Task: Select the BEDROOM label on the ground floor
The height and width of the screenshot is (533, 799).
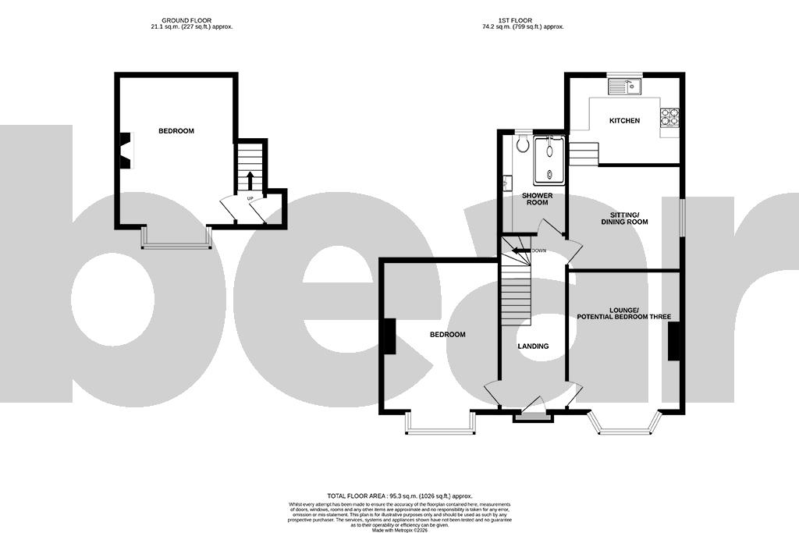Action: (176, 131)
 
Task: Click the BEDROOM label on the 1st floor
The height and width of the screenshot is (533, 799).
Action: (447, 335)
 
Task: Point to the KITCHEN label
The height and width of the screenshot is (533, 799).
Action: (624, 121)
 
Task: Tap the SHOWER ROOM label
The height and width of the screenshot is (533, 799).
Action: (537, 199)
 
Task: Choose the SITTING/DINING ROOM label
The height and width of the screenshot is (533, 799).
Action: (624, 218)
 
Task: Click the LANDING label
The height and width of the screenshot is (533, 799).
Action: (534, 346)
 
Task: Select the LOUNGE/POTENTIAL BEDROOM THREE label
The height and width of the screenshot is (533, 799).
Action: (624, 313)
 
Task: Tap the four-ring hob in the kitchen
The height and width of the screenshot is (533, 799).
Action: (669, 117)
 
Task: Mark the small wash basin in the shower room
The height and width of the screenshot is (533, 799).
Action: (506, 183)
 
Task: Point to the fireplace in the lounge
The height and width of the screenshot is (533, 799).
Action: (674, 342)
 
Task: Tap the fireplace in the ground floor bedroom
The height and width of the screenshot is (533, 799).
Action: (124, 151)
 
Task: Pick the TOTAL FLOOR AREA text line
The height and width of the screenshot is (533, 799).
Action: (399, 496)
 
